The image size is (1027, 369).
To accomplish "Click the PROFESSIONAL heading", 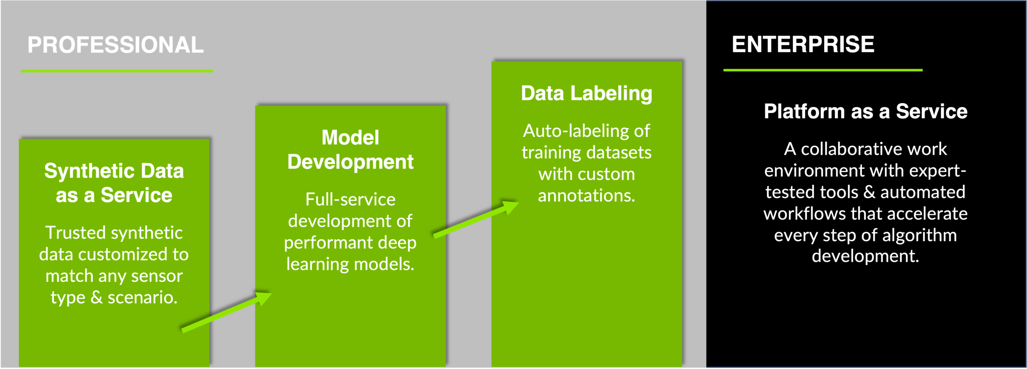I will coord(116,45).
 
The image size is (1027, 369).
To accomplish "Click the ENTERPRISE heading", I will coord(803,44).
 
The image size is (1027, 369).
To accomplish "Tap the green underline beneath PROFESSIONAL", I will coord(117,71).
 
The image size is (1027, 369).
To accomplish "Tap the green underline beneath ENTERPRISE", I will coord(823,70).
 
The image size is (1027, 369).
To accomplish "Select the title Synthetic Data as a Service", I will coord(114,183).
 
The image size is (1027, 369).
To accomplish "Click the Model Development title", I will coord(350,150).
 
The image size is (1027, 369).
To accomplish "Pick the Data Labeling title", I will coord(587,93).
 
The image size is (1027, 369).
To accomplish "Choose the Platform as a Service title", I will coord(865,111).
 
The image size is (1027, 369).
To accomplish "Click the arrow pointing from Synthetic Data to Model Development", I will coord(227,312).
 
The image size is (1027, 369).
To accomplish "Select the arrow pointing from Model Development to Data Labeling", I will coord(476,220).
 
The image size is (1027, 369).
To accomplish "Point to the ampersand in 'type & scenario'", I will coord(96,298).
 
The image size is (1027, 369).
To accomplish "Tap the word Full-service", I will coord(350,200).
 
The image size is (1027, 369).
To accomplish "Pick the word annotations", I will coord(586,196).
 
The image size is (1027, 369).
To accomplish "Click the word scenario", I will coord(142,298).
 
